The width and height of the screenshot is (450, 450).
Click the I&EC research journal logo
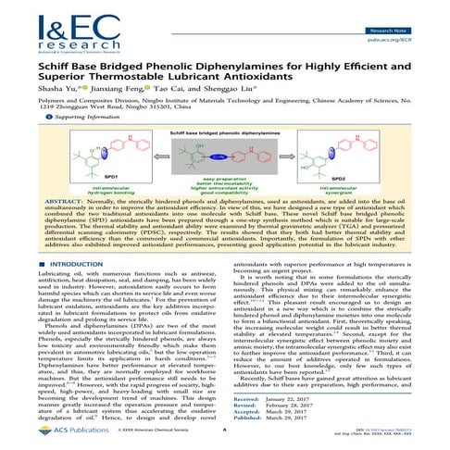pos(46,25)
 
